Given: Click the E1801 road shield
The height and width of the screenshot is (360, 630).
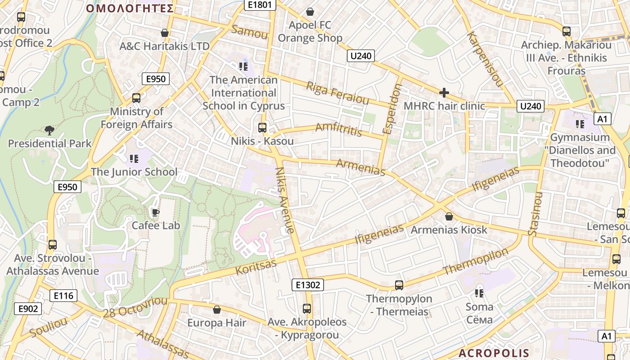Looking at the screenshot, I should [260, 5].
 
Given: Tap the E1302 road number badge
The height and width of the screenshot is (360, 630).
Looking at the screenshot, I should [308, 285].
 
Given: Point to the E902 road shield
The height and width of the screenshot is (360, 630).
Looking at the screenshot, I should [28, 309].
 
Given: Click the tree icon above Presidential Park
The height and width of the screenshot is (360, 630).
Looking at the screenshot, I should [49, 130].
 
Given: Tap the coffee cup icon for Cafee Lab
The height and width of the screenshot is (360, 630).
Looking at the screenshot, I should [155, 212].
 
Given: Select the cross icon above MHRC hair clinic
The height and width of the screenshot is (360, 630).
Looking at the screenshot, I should [444, 93].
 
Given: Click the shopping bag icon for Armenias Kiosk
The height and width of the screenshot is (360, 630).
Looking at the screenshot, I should [449, 216].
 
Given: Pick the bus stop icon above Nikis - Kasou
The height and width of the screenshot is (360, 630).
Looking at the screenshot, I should [262, 128].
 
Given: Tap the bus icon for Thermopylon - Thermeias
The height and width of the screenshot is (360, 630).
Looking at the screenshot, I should [399, 285].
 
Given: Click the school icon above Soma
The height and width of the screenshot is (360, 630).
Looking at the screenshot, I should [479, 293].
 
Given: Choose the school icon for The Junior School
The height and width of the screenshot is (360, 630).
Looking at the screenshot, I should [134, 158].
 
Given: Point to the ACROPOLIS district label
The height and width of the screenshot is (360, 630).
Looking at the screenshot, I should [494, 353].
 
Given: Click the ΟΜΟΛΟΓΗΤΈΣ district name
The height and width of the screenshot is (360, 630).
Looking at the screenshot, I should [130, 9].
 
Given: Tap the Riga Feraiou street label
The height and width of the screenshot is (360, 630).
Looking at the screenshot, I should [337, 93].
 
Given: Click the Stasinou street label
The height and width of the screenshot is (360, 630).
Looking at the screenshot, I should [535, 214].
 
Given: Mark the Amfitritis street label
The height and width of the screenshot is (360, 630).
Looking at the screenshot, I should [338, 129].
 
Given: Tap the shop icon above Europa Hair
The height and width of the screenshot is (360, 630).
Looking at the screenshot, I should [217, 310].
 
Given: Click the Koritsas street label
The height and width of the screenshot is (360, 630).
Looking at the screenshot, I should [256, 266].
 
